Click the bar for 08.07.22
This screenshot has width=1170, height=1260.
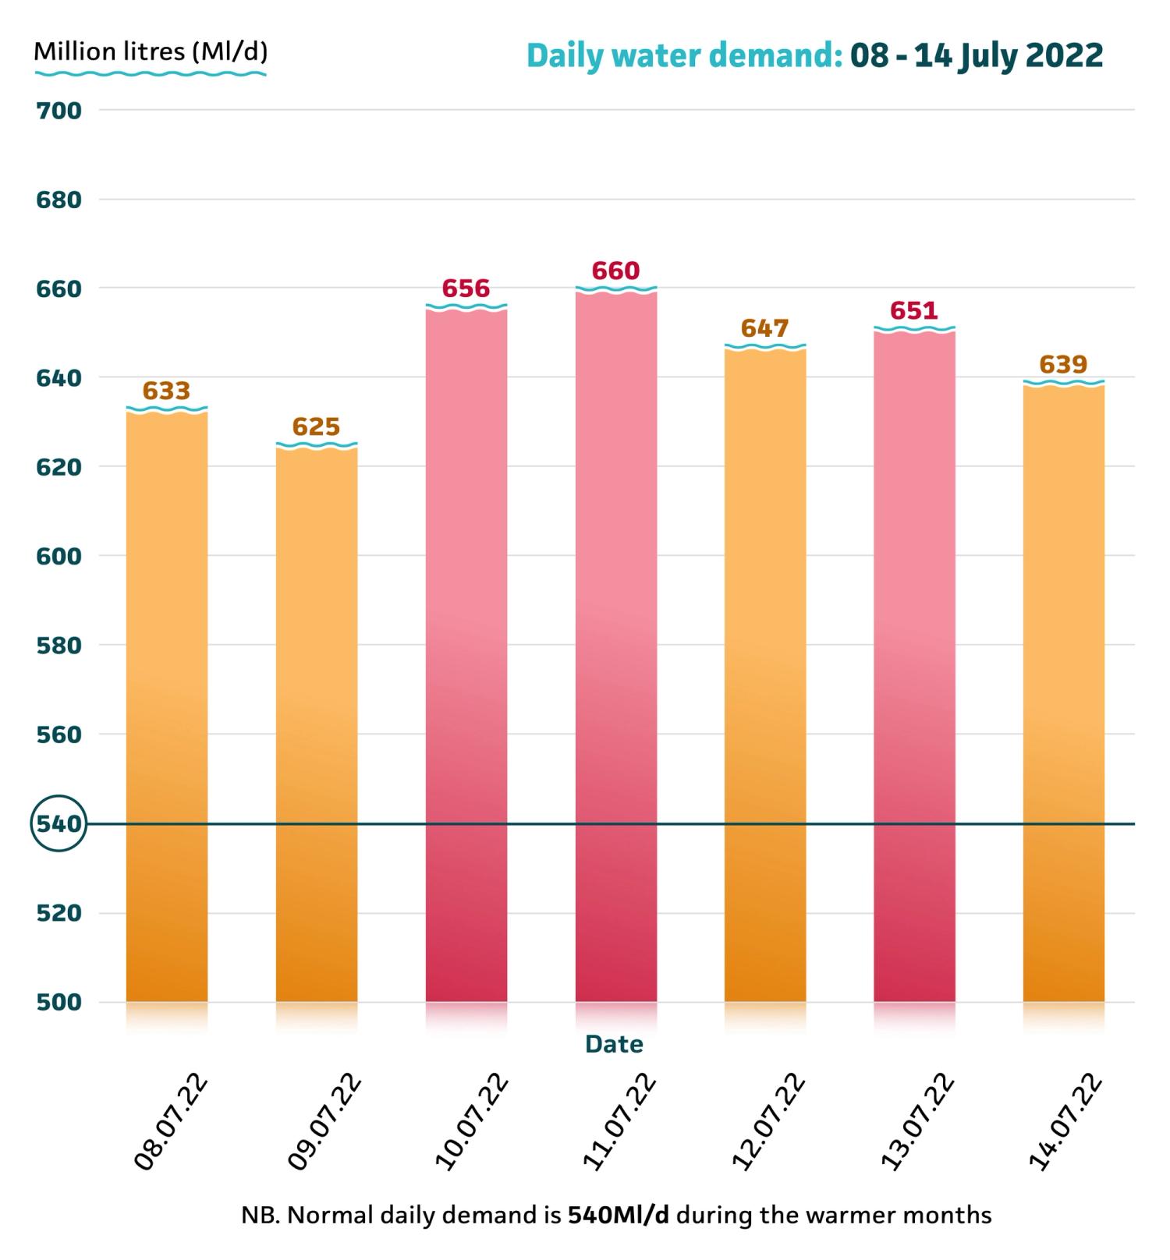tap(167, 706)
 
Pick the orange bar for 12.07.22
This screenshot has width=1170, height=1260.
tap(765, 674)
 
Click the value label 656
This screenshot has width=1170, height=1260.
tap(466, 288)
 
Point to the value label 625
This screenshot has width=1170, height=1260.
tap(317, 426)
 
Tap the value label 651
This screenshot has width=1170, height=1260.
tap(914, 311)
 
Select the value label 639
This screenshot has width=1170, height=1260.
tap(1064, 364)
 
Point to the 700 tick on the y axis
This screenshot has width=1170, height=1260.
tap(58, 111)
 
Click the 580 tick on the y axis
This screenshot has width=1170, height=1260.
tap(58, 646)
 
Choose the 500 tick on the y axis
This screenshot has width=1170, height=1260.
tap(58, 1002)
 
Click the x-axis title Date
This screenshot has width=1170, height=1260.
tap(615, 1044)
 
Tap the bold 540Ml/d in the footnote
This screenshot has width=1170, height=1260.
tap(619, 1216)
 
